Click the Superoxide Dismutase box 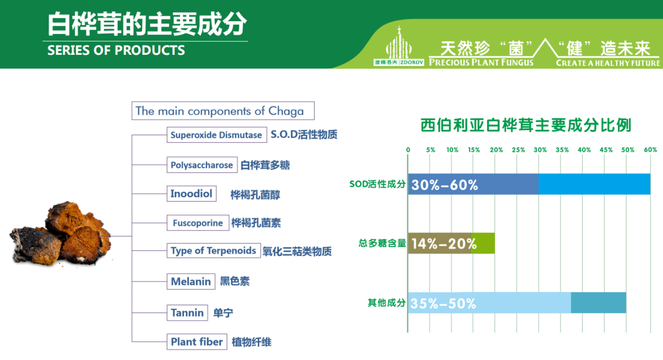(217, 135)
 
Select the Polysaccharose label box (202, 165)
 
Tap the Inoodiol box (192, 194)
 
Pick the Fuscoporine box (197, 223)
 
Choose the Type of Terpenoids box (213, 250)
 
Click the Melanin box (191, 281)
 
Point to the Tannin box (187, 312)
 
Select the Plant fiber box (197, 342)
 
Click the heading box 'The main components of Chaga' (223, 111)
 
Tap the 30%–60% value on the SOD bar (445, 185)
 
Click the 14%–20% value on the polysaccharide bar (444, 244)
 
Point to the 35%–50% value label (444, 304)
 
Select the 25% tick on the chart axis (519, 150)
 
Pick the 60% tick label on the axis (650, 150)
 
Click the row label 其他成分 (387, 303)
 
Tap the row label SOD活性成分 (377, 184)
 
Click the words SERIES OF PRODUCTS (116, 50)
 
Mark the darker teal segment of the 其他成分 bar (598, 303)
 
